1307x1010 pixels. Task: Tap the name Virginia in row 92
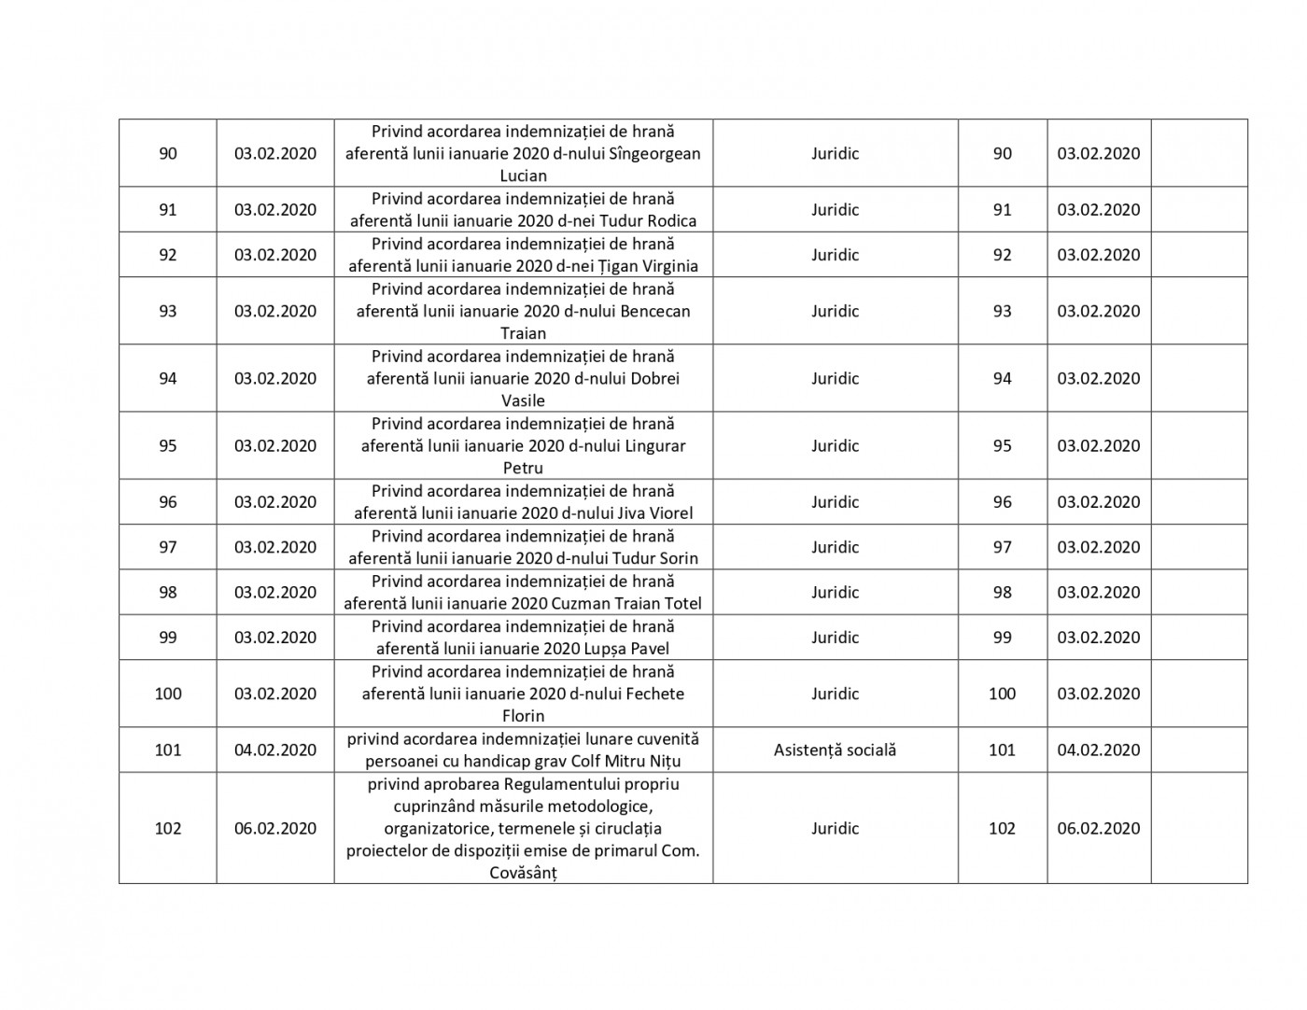point(667,266)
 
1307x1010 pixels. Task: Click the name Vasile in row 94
point(523,400)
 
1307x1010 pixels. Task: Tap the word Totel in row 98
point(681,603)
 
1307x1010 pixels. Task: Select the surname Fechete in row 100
point(652,694)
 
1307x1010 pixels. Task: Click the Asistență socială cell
point(835,750)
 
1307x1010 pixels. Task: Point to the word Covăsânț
point(523,873)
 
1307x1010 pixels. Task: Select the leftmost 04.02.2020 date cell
point(275,750)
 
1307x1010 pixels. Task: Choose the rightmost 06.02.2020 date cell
point(1099,828)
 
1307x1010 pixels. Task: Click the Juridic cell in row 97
point(835,547)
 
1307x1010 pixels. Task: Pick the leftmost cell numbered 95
point(168,446)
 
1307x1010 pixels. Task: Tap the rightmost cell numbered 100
point(1002,694)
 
